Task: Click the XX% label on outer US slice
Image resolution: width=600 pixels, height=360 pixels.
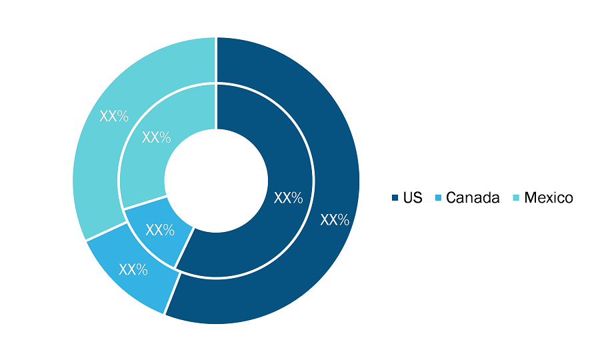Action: coord(335,220)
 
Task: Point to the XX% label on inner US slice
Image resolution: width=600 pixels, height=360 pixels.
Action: coord(288,198)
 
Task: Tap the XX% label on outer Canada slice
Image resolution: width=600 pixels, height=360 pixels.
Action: coord(133,270)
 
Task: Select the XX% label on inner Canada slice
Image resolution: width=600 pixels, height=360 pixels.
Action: coord(160,230)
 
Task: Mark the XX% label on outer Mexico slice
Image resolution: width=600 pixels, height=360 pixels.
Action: coord(114,116)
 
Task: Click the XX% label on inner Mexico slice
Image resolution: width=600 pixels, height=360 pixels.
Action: coord(156,137)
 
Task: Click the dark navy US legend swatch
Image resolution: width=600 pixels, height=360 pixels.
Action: coord(395,198)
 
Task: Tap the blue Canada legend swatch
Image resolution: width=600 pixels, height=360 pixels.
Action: coord(438,198)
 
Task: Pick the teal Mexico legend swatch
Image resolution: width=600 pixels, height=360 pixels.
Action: coord(516,198)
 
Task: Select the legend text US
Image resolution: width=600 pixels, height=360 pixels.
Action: coord(413,198)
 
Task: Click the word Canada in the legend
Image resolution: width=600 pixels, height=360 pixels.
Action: coord(473,198)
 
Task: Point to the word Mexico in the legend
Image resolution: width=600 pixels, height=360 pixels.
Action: coord(549,198)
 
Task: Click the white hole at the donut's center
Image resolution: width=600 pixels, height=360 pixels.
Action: coord(216,181)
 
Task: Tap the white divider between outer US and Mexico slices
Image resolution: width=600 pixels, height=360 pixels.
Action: coord(216,60)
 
